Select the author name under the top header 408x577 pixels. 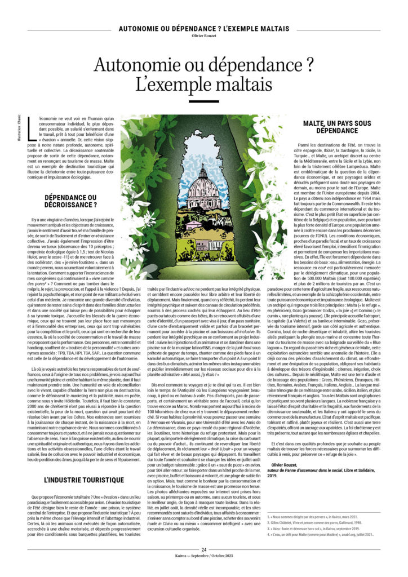pyautogui.click(x=204, y=37)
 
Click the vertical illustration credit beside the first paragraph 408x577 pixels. pyautogui.click(x=20, y=130)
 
